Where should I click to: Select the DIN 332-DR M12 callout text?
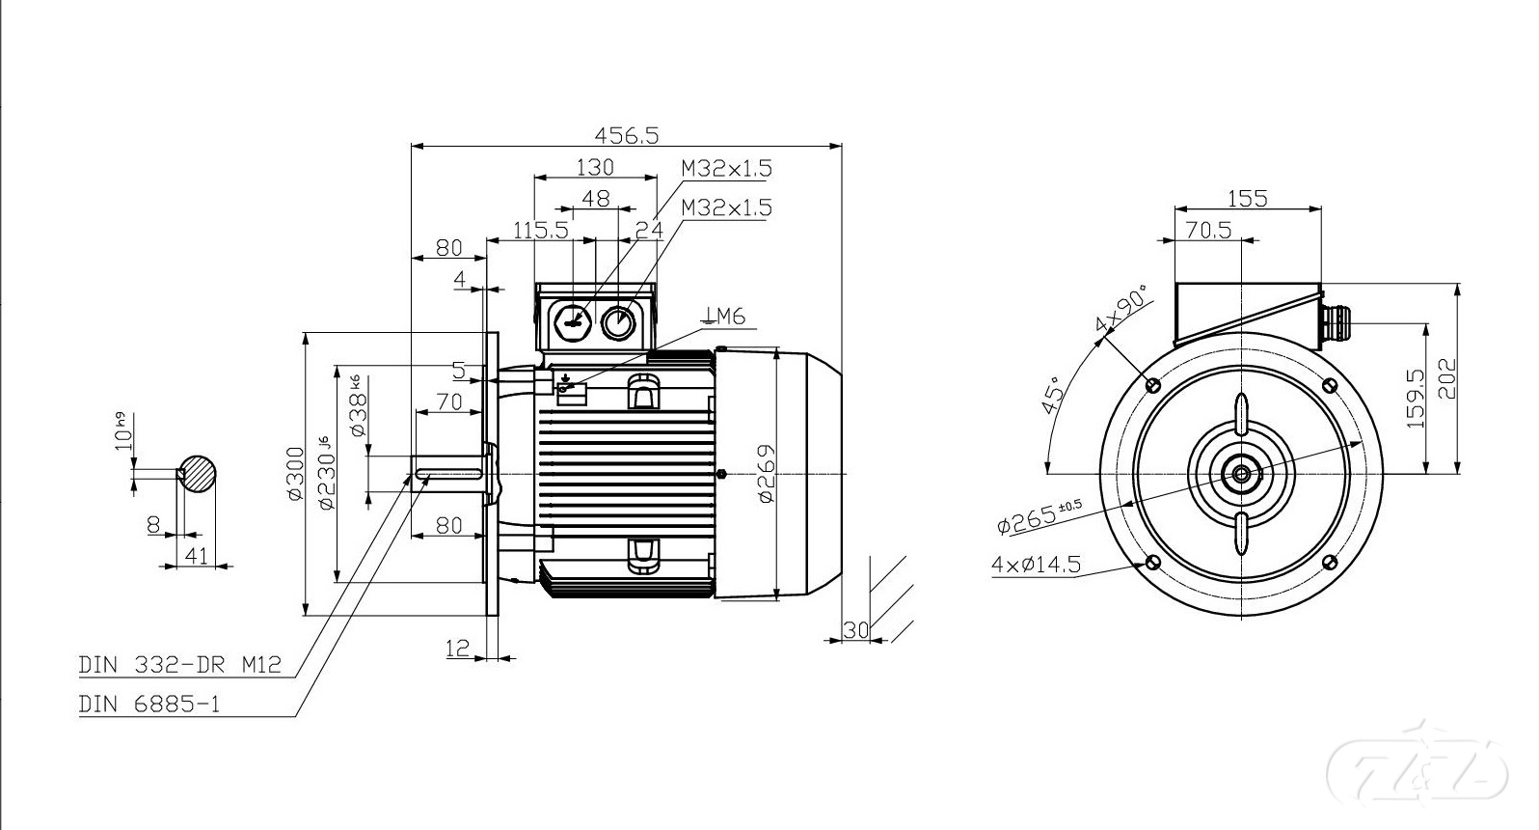pyautogui.click(x=180, y=665)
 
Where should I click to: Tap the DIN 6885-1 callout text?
pyautogui.click(x=149, y=705)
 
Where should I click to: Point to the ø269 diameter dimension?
pyautogui.click(x=766, y=473)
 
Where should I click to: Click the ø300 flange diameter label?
pyautogui.click(x=295, y=474)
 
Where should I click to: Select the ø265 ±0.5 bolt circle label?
pyautogui.click(x=1039, y=515)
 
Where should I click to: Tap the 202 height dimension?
pyautogui.click(x=1445, y=378)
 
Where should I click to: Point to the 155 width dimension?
pyautogui.click(x=1247, y=199)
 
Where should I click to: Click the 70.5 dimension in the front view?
pyautogui.click(x=1208, y=230)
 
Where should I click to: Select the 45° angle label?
pyautogui.click(x=1055, y=394)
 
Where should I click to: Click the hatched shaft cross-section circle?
pyautogui.click(x=199, y=473)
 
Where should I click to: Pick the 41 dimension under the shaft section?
pyautogui.click(x=196, y=556)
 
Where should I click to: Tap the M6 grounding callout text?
pyautogui.click(x=724, y=316)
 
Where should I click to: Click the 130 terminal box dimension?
pyautogui.click(x=595, y=167)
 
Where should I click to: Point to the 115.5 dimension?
pyautogui.click(x=541, y=231)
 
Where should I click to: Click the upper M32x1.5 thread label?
pyautogui.click(x=726, y=168)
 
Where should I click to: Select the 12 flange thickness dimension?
pyautogui.click(x=458, y=649)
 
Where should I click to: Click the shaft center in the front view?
pyautogui.click(x=1240, y=473)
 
